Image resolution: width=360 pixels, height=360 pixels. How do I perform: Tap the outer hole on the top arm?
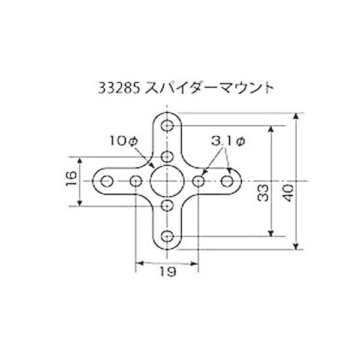(x=167, y=125)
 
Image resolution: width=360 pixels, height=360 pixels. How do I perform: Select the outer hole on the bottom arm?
(x=167, y=236)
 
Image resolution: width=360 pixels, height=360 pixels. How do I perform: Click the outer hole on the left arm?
(x=107, y=181)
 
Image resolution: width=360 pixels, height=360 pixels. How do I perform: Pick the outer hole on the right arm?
(x=227, y=181)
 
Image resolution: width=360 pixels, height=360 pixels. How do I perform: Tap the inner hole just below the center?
(x=167, y=206)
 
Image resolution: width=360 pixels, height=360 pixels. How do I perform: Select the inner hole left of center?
(x=136, y=181)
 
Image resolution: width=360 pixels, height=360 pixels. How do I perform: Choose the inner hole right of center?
(x=199, y=181)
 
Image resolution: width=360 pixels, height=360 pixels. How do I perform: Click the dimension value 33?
(x=262, y=193)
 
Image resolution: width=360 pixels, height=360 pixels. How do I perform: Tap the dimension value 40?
(x=287, y=193)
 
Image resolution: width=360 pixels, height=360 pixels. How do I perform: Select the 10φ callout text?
(x=124, y=141)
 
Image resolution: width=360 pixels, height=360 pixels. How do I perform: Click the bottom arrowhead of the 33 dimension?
(x=271, y=233)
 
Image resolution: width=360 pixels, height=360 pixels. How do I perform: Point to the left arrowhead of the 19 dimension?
(x=139, y=262)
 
